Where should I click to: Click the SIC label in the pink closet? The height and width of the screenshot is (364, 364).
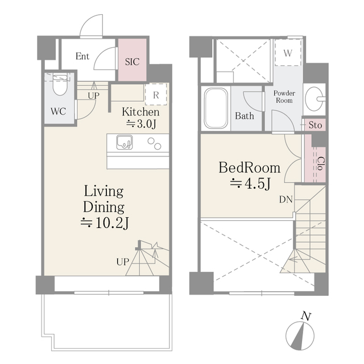[133, 62]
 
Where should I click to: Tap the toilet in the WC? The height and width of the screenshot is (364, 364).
[60, 84]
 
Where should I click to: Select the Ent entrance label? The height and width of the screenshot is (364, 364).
[82, 56]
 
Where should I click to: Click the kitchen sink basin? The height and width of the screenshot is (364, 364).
[125, 142]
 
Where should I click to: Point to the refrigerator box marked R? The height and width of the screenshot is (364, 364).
[156, 94]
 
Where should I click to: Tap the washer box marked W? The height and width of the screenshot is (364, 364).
[288, 53]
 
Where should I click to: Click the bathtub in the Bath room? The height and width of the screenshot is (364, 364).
[216, 108]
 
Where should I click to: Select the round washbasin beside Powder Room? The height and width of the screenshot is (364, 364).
[315, 98]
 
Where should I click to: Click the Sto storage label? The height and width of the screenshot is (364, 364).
[315, 125]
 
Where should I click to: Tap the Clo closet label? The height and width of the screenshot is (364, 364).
[321, 164]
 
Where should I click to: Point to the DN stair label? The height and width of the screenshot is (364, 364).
[286, 200]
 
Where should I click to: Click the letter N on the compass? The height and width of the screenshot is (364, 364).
[306, 316]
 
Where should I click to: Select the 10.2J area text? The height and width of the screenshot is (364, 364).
[105, 223]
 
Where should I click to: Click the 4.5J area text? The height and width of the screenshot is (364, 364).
[250, 184]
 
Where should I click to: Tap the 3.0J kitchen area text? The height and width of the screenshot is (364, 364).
[141, 124]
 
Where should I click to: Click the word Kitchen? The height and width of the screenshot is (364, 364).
[140, 112]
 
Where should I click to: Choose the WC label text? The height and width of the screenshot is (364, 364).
[58, 111]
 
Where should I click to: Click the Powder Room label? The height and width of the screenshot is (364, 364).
[284, 97]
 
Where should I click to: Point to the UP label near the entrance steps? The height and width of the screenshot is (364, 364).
[93, 96]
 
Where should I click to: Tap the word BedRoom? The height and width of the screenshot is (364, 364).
[249, 168]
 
